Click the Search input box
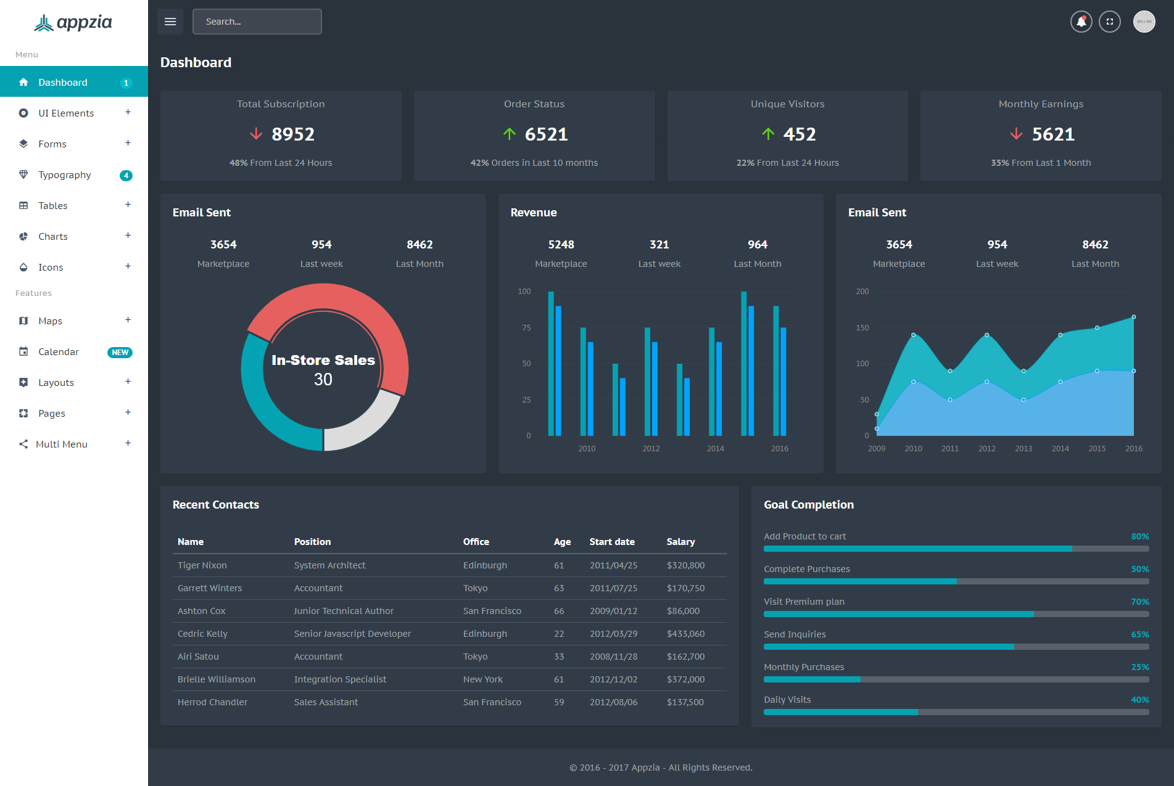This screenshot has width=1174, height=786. [257, 22]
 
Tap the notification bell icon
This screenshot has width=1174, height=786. [1081, 22]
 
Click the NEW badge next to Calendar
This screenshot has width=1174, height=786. [120, 353]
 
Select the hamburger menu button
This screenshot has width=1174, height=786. [170, 22]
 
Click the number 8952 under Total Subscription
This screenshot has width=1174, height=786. [293, 134]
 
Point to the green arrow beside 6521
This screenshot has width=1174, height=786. [509, 134]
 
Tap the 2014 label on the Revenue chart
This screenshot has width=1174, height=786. [716, 449]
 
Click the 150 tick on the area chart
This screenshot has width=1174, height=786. [862, 328]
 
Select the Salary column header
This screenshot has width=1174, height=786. [680, 542]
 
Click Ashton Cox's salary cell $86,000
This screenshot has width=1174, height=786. [683, 611]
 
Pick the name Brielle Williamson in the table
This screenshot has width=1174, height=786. [217, 679]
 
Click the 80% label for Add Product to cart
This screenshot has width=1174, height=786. [1140, 536]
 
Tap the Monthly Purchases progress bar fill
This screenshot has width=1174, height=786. [812, 679]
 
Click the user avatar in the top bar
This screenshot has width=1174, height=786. [1144, 22]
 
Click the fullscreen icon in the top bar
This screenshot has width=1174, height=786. [1109, 22]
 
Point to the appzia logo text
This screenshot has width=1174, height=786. [85, 23]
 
